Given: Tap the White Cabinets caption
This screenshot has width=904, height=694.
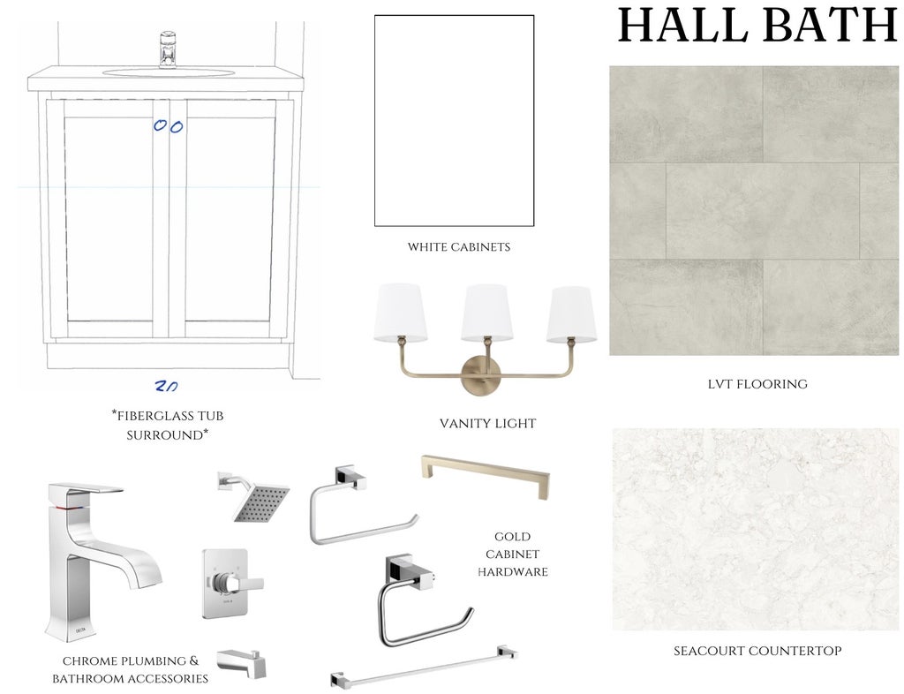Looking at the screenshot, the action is click(459, 247).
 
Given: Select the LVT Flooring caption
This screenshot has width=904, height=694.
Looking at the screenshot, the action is click(757, 384).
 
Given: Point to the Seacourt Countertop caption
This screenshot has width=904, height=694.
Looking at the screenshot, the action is click(757, 651).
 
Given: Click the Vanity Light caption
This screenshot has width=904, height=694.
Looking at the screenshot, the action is click(487, 424).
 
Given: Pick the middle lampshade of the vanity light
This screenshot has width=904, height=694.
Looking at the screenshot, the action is click(487, 312).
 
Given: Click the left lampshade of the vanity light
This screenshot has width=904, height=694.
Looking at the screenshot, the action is click(402, 312).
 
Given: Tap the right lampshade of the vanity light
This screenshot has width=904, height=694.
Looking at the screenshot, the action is click(571, 314).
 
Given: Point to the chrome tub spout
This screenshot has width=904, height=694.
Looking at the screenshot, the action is click(242, 663).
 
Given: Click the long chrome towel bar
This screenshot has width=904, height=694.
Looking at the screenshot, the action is click(424, 667).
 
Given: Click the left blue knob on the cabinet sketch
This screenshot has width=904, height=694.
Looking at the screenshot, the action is click(160, 125).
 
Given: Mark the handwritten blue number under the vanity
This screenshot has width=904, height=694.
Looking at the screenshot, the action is click(166, 386).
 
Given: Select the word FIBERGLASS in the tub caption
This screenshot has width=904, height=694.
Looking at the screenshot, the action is click(150, 416).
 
